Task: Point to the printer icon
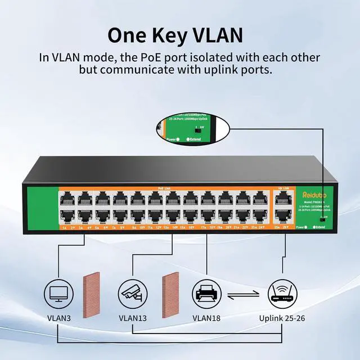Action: pyautogui.click(x=206, y=292)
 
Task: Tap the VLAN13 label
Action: pyautogui.click(x=133, y=318)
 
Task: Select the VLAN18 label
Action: pyautogui.click(x=207, y=318)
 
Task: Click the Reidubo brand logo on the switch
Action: pyautogui.click(x=310, y=195)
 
